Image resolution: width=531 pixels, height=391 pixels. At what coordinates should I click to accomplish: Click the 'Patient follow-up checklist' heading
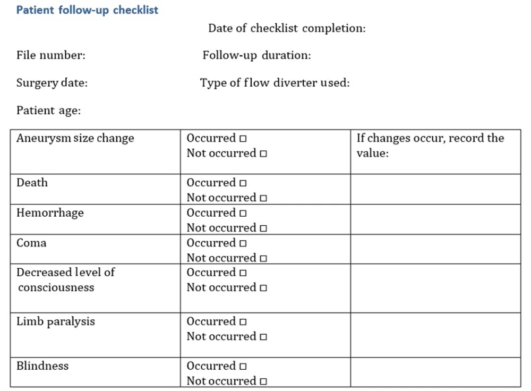coord(87,10)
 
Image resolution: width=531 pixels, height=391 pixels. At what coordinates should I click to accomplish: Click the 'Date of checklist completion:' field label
coord(287,28)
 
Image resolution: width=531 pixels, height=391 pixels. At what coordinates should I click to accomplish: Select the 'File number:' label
coord(50,55)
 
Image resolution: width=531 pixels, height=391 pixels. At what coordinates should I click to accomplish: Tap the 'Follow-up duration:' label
coord(256,55)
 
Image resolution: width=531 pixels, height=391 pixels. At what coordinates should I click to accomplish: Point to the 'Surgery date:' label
coord(52,83)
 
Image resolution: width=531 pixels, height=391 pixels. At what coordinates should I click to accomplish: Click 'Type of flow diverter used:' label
coord(275,83)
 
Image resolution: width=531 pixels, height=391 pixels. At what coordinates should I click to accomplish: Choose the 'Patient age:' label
coord(48,110)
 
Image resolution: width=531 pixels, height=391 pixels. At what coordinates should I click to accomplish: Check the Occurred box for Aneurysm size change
coord(243,139)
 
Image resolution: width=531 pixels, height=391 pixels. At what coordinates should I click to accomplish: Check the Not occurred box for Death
coord(263,199)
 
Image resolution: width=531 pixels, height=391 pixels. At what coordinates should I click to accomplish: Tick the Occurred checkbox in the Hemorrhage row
coord(243,214)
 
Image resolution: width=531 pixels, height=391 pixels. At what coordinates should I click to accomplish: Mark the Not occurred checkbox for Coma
coord(263,259)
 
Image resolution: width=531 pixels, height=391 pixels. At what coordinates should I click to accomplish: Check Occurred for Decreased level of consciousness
coord(243,274)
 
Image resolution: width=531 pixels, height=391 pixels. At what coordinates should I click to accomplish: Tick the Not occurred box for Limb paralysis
coord(263,337)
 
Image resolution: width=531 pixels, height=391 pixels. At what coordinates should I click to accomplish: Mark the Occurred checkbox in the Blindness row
coord(243,367)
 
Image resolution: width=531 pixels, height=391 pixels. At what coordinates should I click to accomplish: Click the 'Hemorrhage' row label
coord(50,213)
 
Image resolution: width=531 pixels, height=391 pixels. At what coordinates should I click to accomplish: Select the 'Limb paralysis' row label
coord(56,321)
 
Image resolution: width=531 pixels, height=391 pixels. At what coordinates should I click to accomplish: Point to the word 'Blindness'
coord(42,366)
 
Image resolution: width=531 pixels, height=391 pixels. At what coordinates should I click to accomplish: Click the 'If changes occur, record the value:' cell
coord(430,146)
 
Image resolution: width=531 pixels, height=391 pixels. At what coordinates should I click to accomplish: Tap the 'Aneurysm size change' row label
coord(75,139)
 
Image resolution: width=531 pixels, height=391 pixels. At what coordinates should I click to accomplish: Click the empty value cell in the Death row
coord(435,190)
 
